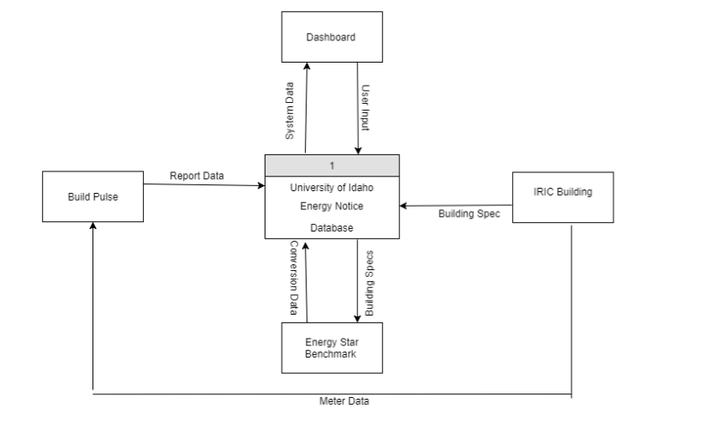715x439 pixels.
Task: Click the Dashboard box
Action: (x=331, y=37)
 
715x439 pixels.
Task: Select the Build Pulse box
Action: (x=92, y=196)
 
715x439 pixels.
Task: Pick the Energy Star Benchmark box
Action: (x=331, y=348)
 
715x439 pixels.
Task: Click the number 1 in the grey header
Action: (x=331, y=165)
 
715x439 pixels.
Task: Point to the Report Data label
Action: (x=196, y=176)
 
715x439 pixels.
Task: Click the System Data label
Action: (x=290, y=111)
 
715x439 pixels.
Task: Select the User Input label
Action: (x=365, y=107)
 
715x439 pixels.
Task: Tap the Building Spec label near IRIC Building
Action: (x=468, y=213)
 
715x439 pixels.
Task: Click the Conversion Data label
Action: (x=293, y=279)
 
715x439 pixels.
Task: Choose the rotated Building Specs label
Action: (x=370, y=284)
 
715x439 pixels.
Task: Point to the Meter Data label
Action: (x=344, y=400)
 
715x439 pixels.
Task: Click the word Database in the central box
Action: (x=331, y=228)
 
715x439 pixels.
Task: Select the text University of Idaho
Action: (x=331, y=188)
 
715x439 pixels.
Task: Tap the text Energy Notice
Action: (x=331, y=206)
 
